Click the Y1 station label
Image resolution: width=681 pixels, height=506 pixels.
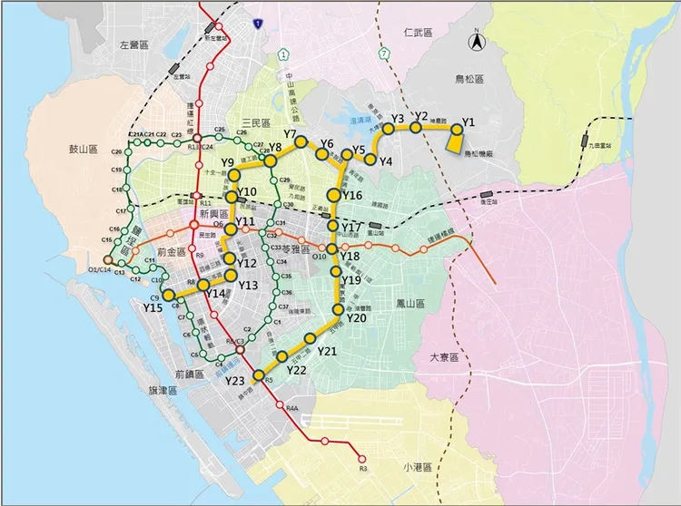click(469, 122)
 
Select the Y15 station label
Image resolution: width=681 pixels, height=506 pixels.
click(153, 308)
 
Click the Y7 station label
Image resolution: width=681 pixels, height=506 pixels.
click(291, 134)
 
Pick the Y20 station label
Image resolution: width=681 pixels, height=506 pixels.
click(357, 318)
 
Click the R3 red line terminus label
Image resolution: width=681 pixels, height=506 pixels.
click(361, 468)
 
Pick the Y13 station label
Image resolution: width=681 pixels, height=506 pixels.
click(250, 285)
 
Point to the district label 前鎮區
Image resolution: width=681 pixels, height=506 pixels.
click(192, 374)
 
